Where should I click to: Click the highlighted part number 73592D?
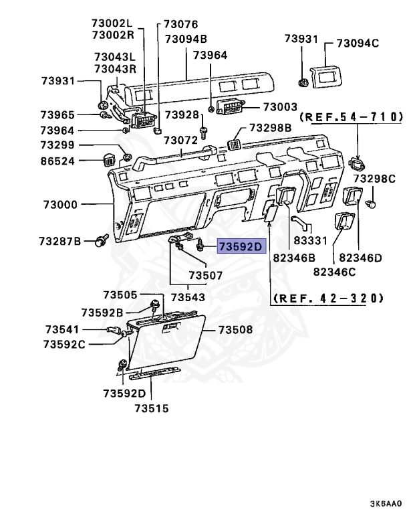(x=241, y=247)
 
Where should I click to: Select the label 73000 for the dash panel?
(x=61, y=205)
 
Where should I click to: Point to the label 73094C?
(x=358, y=44)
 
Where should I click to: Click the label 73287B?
(x=59, y=240)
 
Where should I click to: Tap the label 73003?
(x=280, y=107)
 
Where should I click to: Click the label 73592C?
(x=64, y=344)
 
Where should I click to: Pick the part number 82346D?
(x=360, y=257)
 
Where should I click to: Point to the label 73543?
(x=188, y=296)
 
